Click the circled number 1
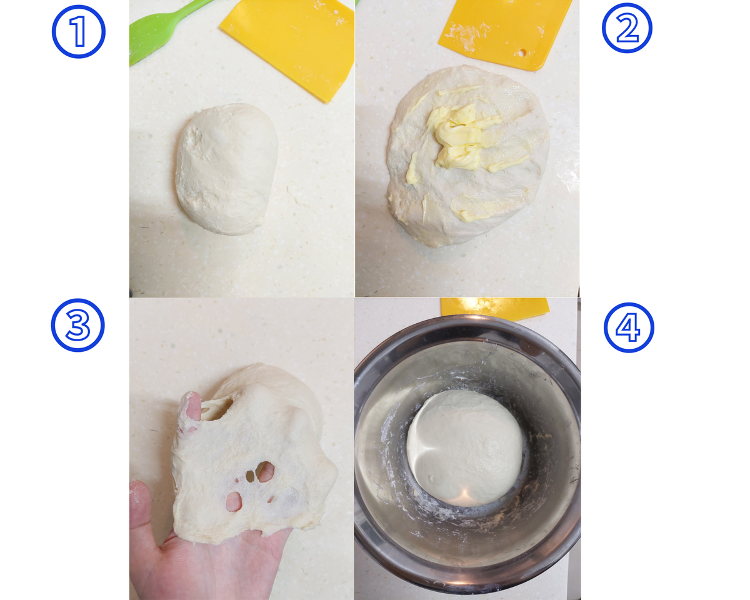pos(78,31)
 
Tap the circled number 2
pos(627,28)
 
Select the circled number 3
pos(77,325)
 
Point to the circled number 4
pos(629,327)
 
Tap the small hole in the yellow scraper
pos(522,53)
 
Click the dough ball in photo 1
pos(226,169)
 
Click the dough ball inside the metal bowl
pos(464,448)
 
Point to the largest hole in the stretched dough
pos(265,472)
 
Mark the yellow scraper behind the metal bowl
pos(495,309)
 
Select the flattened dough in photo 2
pos(468,156)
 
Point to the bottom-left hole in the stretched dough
pos(234,501)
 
